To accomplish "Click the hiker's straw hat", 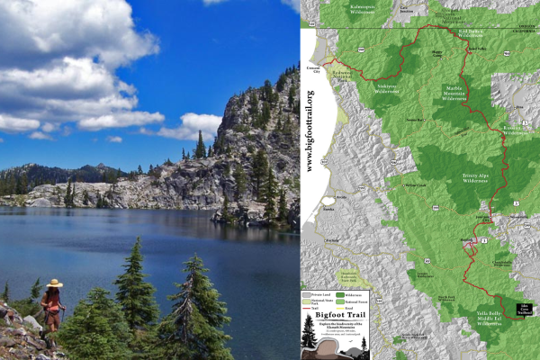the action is tap(54, 283).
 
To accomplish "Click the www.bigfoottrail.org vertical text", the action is tap(310, 130).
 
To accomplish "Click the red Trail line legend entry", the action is tap(315, 306).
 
